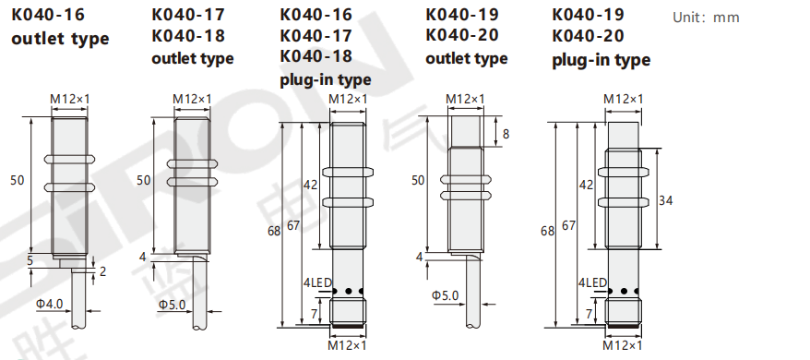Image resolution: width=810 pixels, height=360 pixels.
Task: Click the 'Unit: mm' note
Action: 706,18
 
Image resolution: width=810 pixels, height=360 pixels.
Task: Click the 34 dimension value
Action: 666,200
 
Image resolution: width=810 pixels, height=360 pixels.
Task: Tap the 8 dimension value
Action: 506,134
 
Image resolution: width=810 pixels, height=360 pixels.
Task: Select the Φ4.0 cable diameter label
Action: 49,304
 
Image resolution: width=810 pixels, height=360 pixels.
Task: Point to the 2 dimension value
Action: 102,271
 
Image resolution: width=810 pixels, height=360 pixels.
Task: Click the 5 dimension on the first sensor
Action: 30,260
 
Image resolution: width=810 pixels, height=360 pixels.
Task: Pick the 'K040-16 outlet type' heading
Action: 60,27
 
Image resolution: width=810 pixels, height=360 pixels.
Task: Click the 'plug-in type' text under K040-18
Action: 326,79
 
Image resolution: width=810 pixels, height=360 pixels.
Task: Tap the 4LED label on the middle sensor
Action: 317,283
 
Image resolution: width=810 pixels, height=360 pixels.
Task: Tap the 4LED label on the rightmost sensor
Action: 592,283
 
